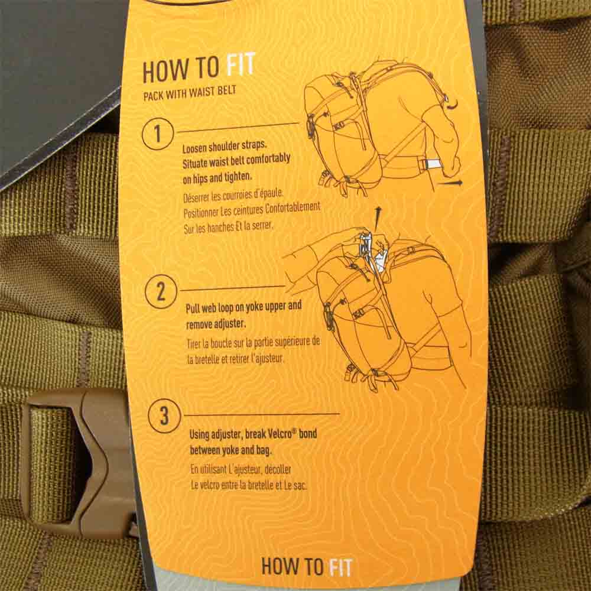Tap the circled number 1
pos(158,134)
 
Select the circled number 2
pos(161,292)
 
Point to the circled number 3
pos(164,416)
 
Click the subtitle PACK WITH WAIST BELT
pos(190,93)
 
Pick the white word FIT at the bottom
pos(341,567)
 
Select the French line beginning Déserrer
pos(233,195)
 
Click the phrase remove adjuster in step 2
pos(216,324)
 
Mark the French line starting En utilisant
pos(241,470)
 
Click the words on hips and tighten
pos(217,177)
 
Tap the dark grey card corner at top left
pos(57,87)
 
